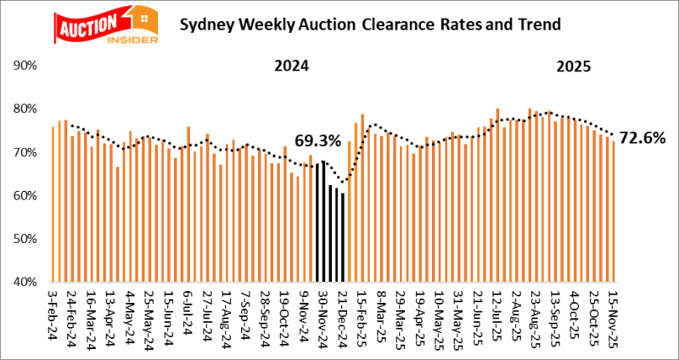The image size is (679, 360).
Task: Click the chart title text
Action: point(370,24)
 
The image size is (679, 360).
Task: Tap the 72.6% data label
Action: point(643,138)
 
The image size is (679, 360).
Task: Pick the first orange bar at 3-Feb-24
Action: point(53,204)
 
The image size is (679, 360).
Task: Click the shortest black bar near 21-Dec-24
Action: point(343,238)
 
